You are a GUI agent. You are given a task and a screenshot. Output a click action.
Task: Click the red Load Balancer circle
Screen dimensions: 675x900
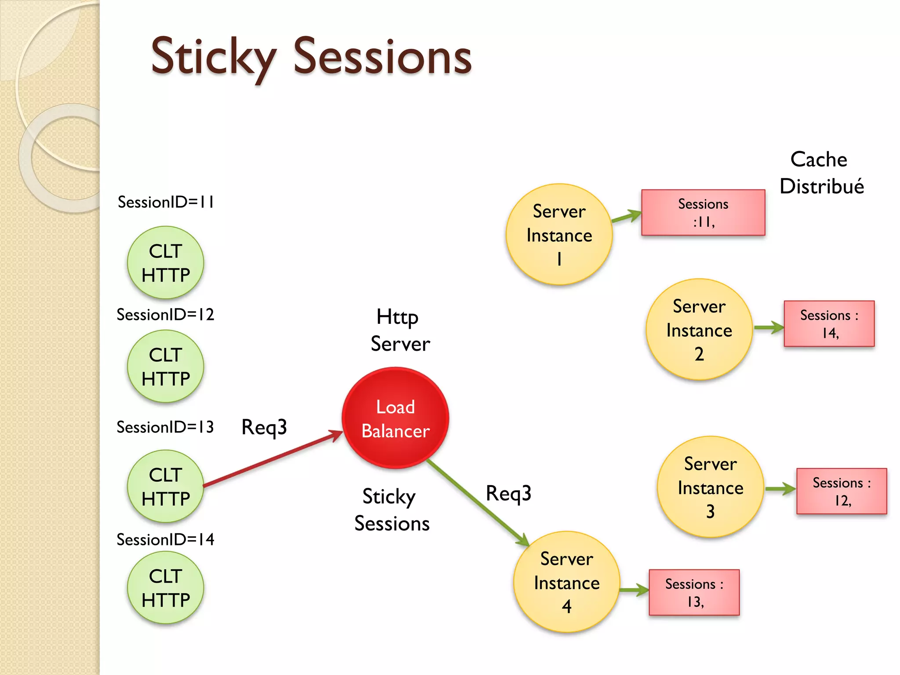395,418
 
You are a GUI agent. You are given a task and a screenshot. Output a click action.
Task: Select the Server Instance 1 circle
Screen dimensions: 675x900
559,234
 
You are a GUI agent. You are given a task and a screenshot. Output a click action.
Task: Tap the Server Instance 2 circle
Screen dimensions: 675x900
699,330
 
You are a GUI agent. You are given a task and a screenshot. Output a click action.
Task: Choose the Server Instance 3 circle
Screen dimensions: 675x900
710,487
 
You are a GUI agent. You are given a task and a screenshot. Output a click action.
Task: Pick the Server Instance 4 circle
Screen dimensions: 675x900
566,582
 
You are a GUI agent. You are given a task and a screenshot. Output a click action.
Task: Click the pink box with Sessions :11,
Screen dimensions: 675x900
703,213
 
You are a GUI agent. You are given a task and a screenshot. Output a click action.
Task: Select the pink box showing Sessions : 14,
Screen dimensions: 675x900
829,324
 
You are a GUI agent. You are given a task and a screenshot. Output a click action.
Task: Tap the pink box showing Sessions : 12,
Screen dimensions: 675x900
841,491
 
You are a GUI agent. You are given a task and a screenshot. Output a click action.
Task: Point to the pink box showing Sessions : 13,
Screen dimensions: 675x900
694,592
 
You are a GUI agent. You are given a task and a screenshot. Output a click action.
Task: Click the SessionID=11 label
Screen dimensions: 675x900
166,203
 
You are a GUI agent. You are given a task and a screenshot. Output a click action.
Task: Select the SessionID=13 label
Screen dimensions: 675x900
165,427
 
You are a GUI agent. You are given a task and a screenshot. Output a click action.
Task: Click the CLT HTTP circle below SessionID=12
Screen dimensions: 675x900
165,367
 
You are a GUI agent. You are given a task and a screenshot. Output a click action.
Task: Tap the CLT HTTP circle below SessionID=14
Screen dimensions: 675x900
165,588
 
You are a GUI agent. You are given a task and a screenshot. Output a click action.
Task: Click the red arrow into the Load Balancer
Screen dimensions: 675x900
272,459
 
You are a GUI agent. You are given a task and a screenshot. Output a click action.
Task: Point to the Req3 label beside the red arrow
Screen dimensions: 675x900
264,427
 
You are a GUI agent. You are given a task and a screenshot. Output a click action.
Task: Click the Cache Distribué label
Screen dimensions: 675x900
821,173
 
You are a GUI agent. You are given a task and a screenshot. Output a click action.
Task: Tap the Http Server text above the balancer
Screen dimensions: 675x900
399,330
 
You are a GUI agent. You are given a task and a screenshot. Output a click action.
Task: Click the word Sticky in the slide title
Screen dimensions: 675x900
214,57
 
